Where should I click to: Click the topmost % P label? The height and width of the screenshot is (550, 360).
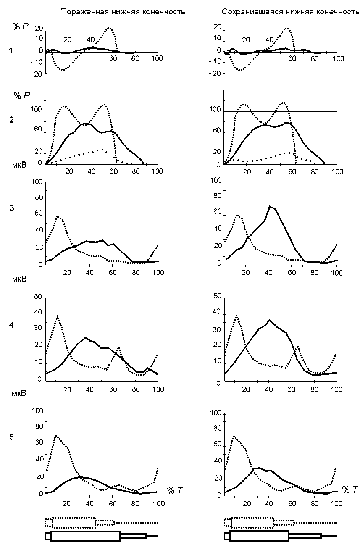click(18, 26)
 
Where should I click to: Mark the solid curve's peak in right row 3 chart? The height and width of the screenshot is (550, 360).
click(270, 206)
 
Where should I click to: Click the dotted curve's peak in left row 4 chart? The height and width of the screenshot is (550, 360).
click(58, 316)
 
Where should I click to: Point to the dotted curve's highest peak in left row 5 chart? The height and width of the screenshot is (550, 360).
click(55, 435)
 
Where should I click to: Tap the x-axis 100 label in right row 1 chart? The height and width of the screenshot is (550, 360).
click(338, 58)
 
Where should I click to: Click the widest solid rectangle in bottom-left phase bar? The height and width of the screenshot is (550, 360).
click(85, 536)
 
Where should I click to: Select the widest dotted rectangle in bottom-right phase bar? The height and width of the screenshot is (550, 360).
click(252, 523)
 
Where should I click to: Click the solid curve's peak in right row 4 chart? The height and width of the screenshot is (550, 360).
click(270, 320)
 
